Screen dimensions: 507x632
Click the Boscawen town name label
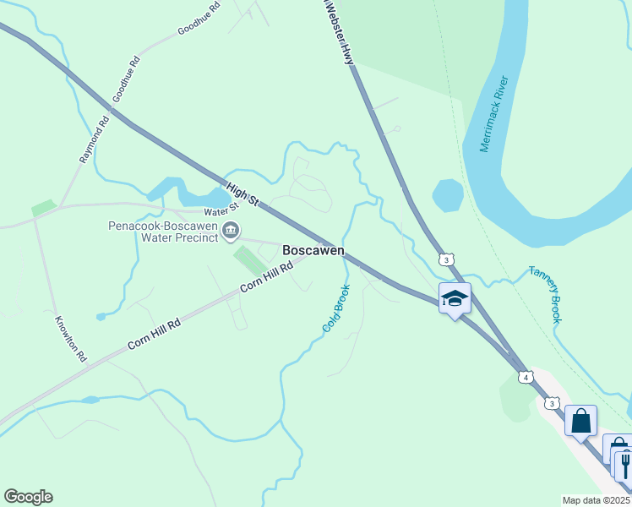313,251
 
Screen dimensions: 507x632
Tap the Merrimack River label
494,114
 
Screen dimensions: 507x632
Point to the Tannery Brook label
545,294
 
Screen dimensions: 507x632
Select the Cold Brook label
335,307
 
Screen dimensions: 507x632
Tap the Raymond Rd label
95,139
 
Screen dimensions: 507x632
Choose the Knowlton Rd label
71,340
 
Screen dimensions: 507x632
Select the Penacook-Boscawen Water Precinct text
163,232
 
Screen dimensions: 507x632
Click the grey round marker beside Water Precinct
231,230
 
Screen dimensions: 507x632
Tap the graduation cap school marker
455,299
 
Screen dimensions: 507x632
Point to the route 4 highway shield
526,376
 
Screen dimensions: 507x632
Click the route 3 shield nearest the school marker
445,259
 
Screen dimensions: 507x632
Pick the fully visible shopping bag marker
581,420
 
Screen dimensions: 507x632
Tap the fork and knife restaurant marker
624,465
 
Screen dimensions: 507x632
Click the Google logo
28,497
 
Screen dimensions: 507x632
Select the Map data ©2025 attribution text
597,500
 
